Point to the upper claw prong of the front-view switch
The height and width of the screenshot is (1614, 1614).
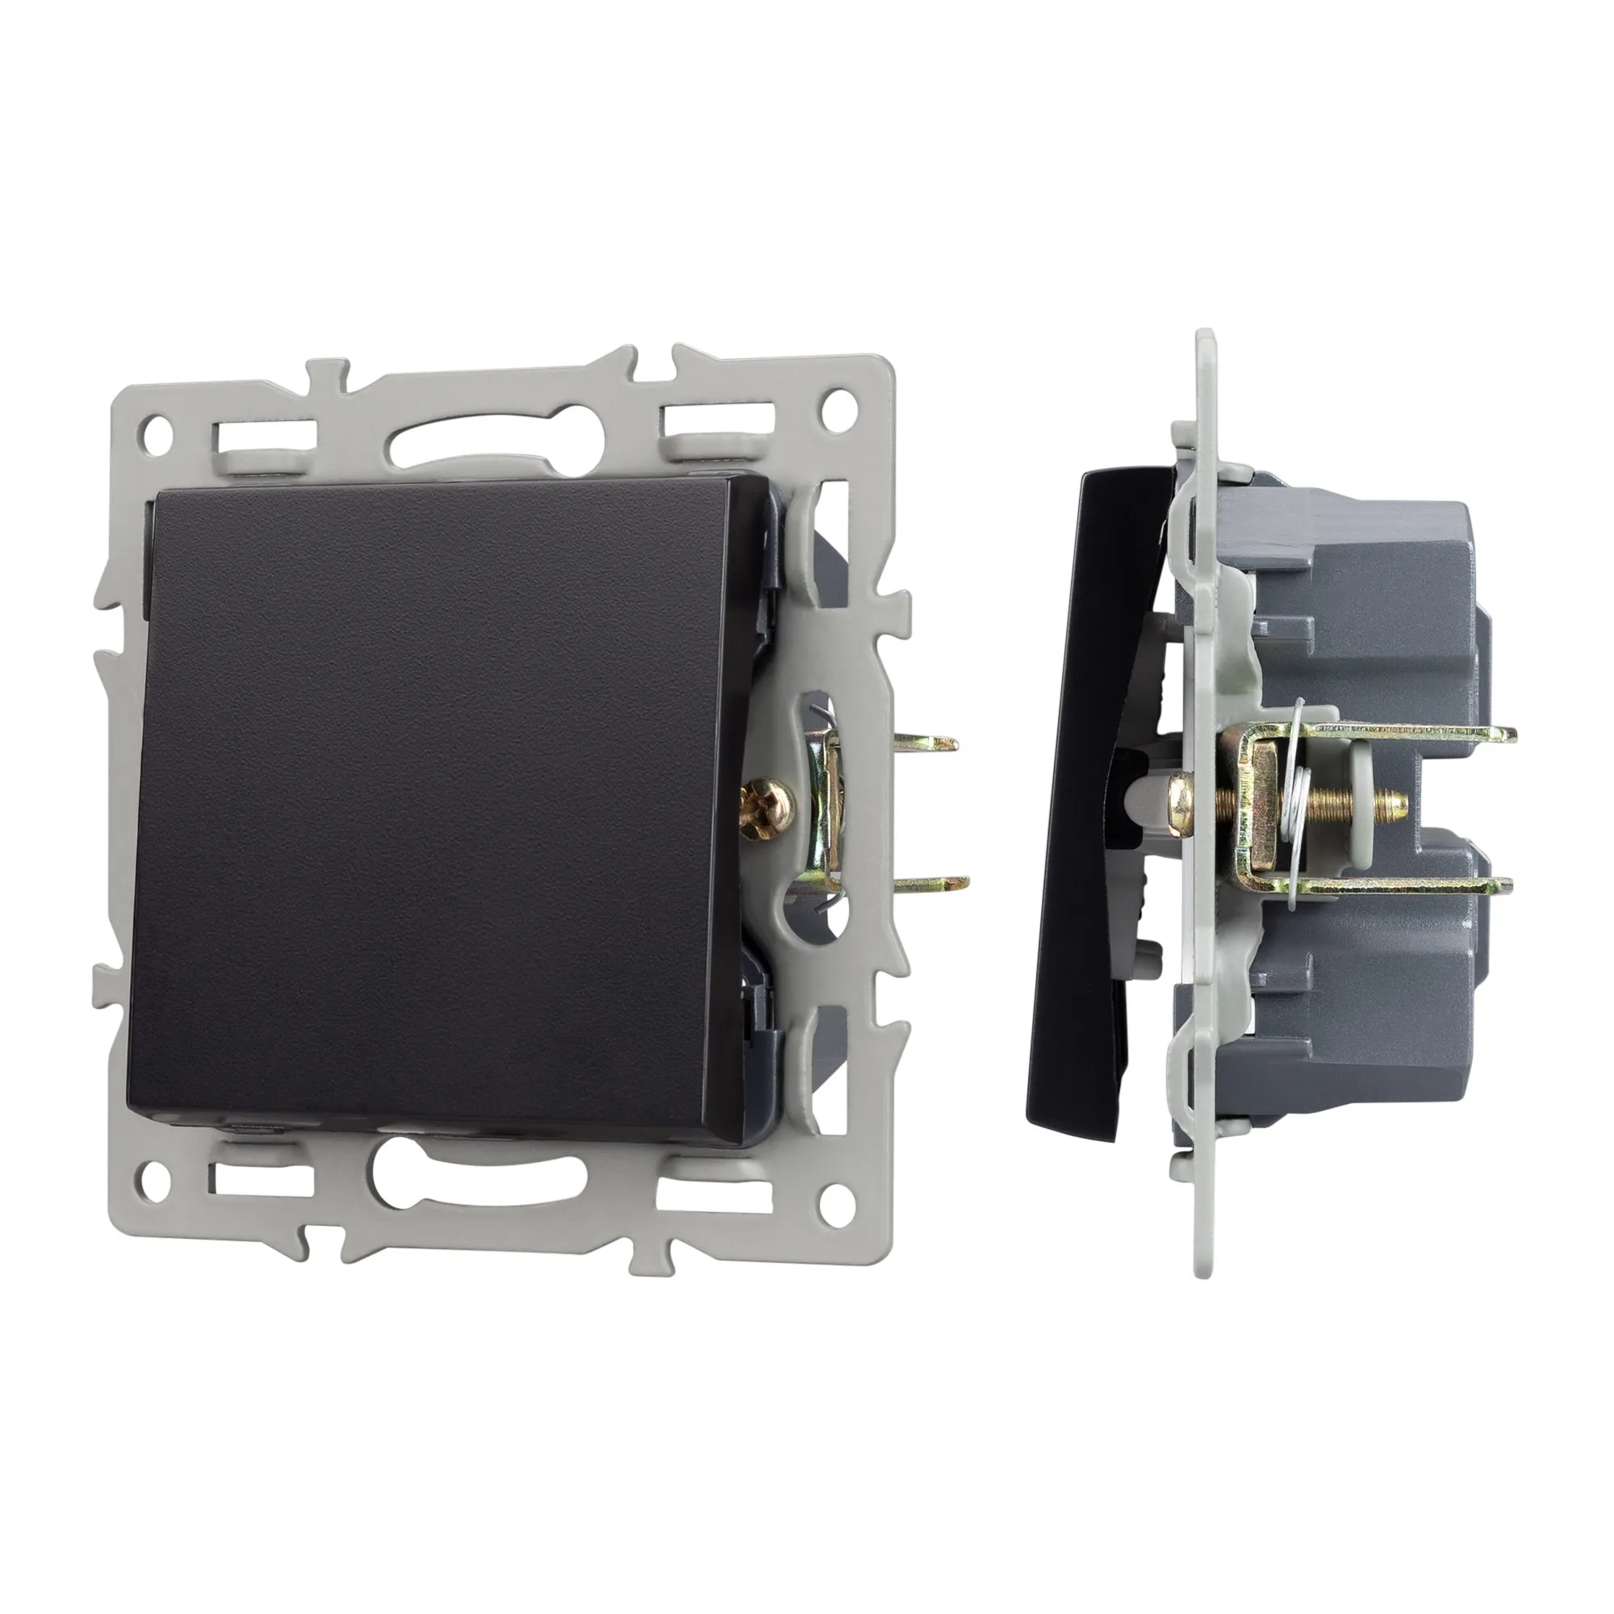coord(931,742)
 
